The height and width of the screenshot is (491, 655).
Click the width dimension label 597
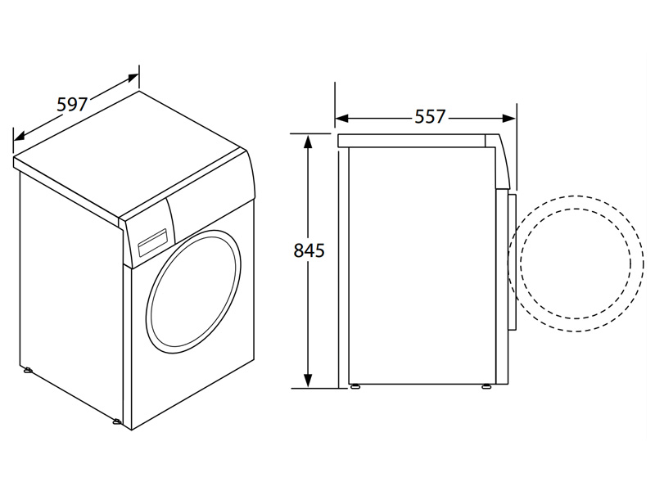coord(72,105)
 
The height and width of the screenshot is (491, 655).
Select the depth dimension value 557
coord(431,116)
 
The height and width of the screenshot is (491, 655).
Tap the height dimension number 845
coord(309,250)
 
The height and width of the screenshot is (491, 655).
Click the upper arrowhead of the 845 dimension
coord(308,142)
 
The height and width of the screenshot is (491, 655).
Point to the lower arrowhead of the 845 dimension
coord(308,381)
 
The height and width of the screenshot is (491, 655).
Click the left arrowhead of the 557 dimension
coord(342,119)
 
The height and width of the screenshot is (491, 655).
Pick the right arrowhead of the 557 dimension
coord(508,119)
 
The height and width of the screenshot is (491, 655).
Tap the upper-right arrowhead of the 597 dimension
coord(133,78)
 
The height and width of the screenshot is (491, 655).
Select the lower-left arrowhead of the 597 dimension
coord(20,136)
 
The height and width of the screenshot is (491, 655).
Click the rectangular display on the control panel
coord(153,241)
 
